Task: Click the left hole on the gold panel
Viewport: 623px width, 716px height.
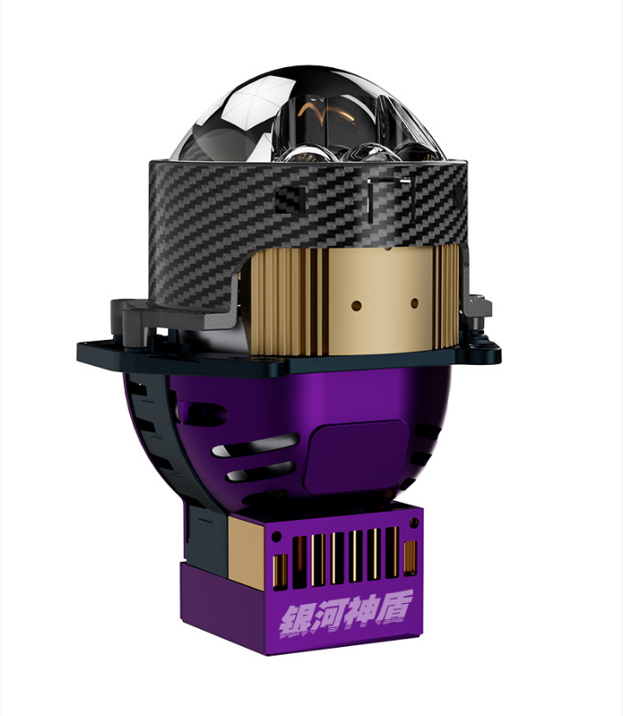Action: click(356, 305)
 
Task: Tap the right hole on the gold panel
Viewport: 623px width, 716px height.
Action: click(415, 303)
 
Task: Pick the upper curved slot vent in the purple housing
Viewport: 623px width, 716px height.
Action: click(255, 445)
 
